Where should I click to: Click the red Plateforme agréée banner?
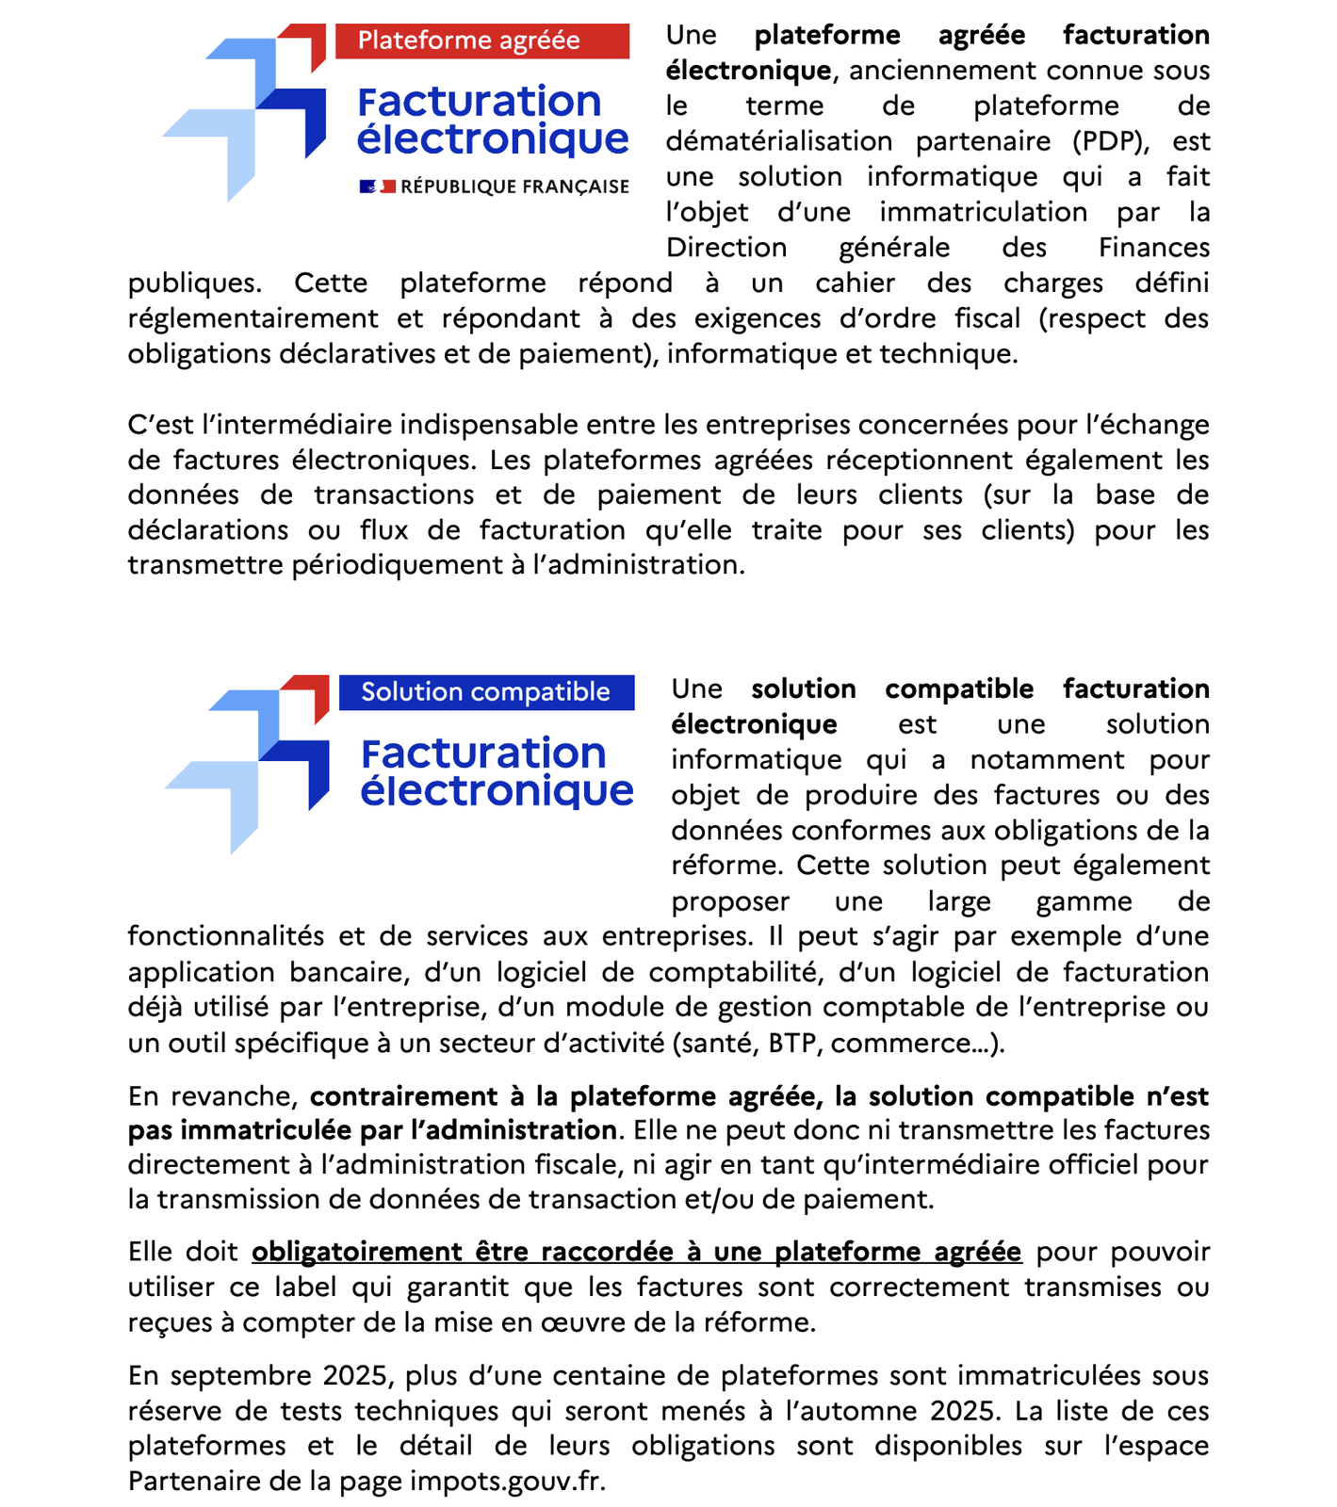pos(481,41)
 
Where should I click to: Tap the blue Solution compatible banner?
pos(486,692)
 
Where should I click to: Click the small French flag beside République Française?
pos(377,186)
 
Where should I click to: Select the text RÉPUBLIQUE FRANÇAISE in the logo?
pos(514,186)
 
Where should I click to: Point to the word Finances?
pos(1153,249)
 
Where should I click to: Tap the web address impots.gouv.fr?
pos(507,1482)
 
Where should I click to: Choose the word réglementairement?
pos(253,319)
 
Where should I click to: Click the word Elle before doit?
pos(151,1252)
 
